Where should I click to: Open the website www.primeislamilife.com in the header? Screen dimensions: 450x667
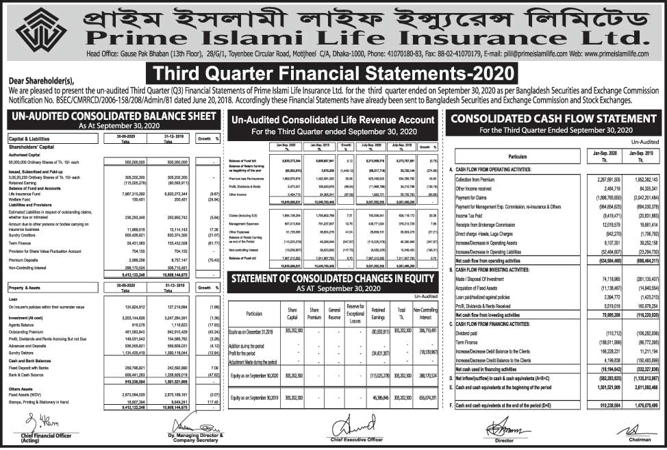610,53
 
